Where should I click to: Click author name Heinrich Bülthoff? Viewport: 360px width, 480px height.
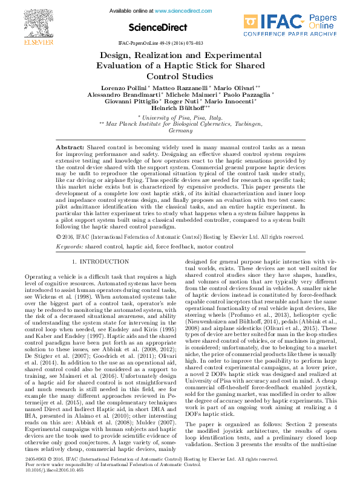point(181,108)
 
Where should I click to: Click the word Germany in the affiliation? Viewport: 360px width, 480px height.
point(180,131)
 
